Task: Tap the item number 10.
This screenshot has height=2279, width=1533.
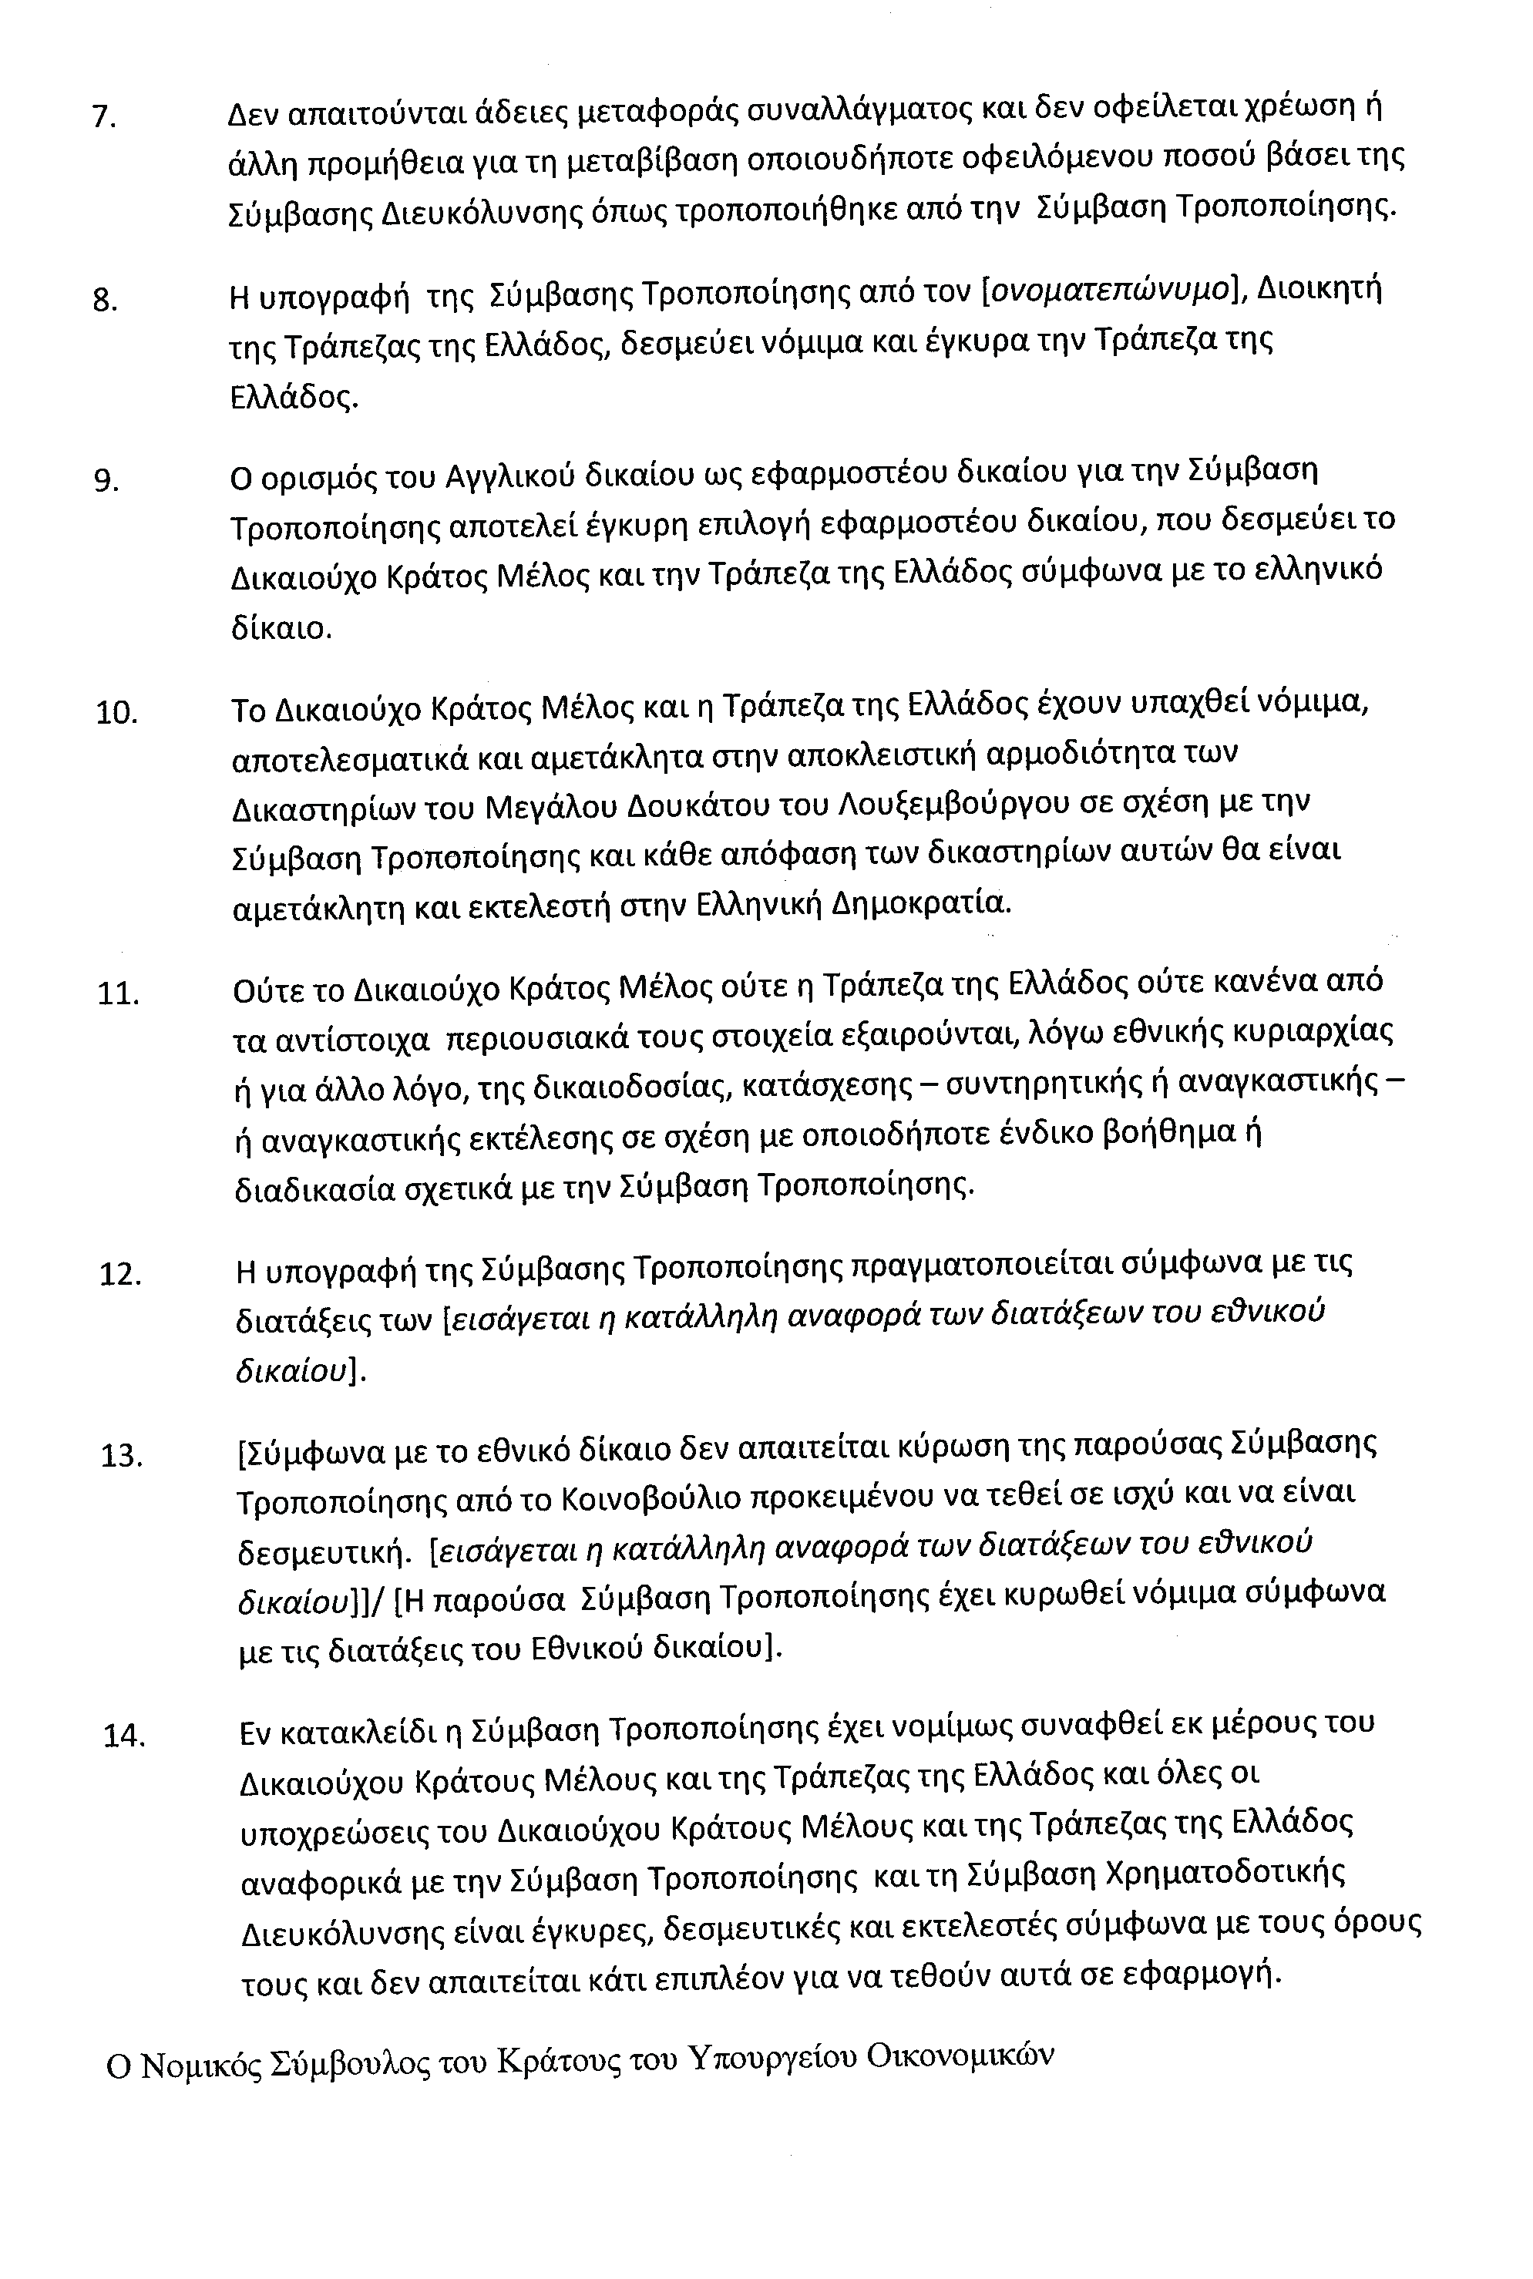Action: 116,713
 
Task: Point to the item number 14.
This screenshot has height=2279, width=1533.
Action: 125,1736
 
